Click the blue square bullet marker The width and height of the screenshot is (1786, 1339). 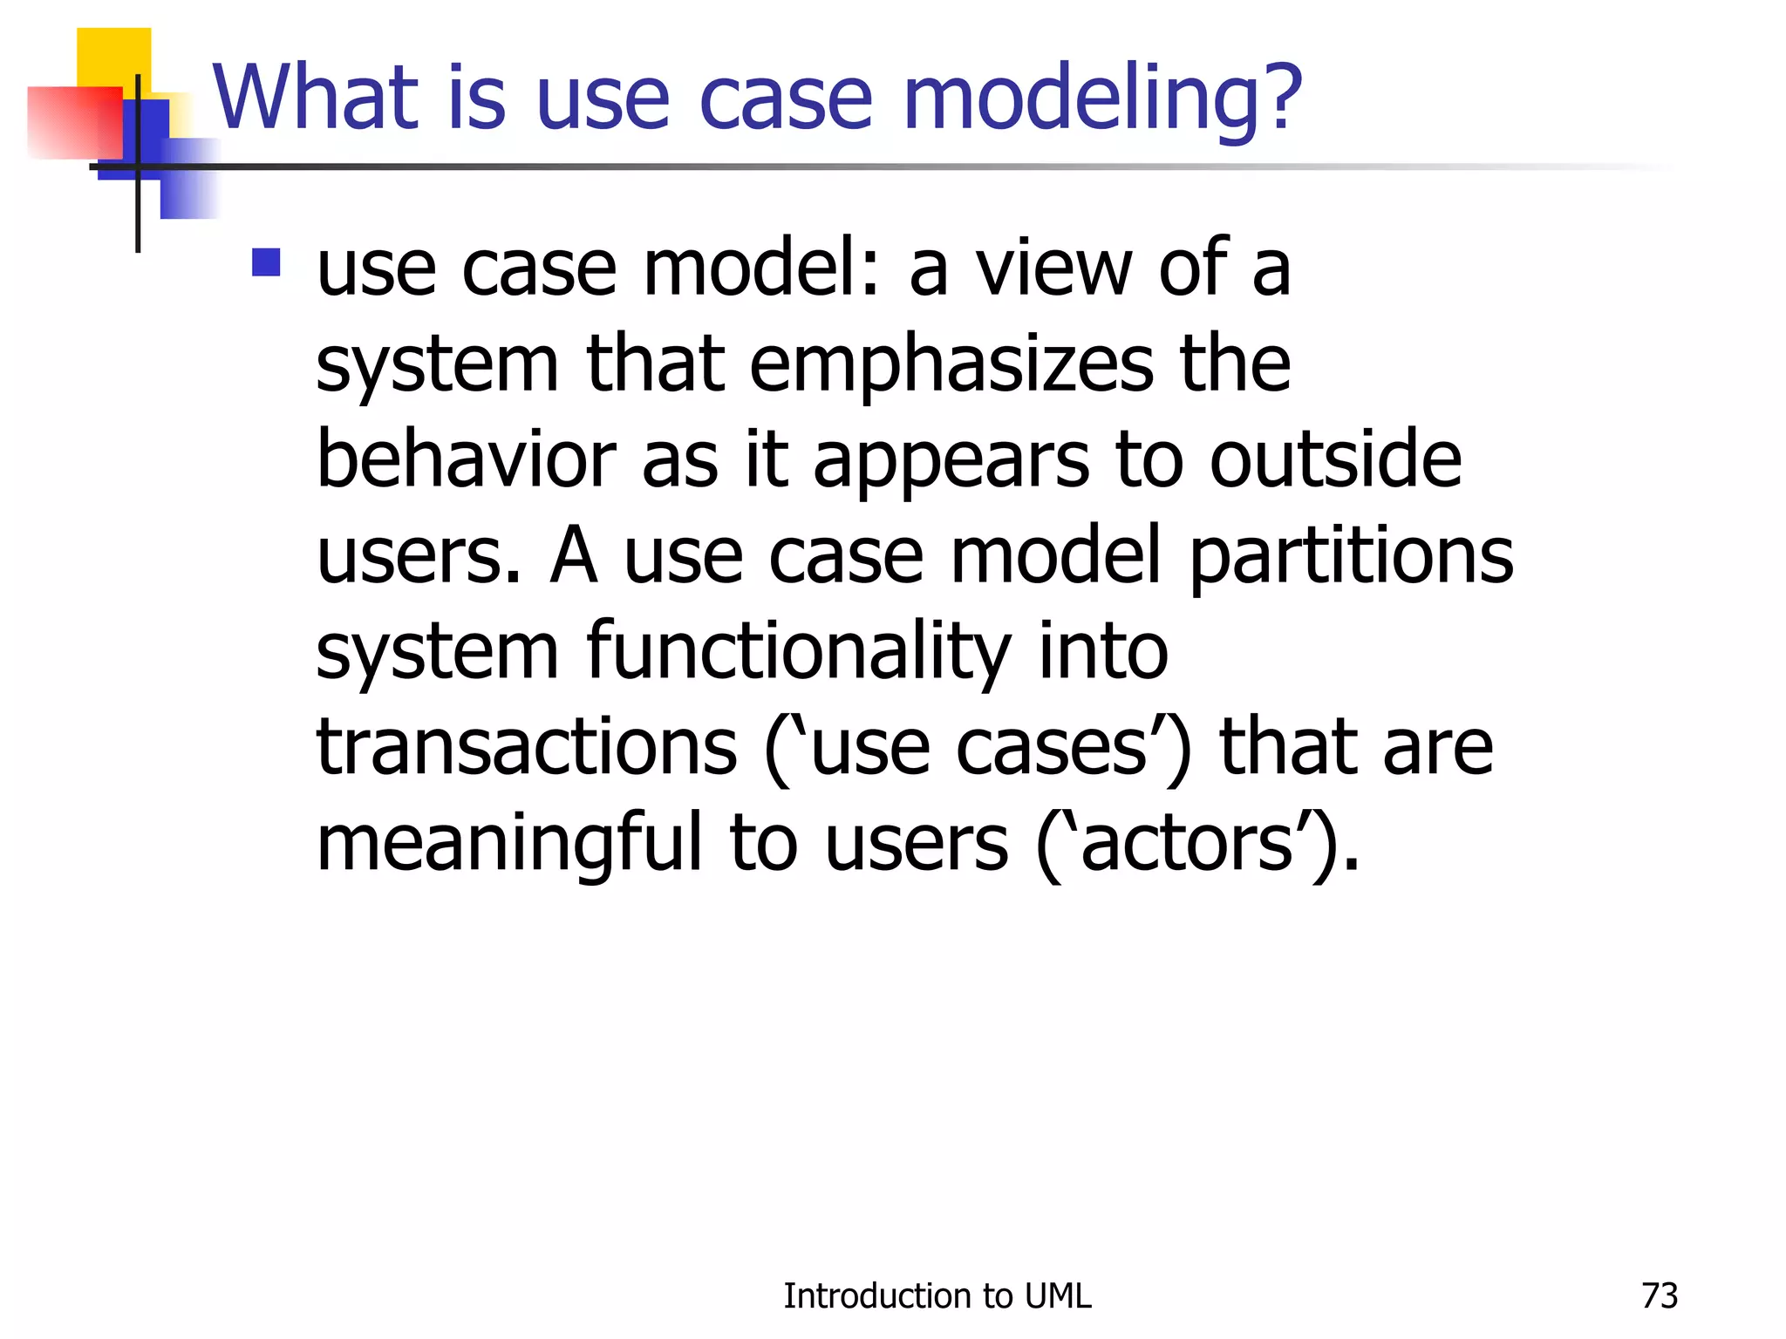tap(266, 262)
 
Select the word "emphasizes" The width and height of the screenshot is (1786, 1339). tap(951, 366)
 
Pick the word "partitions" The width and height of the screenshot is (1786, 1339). tap(1351, 558)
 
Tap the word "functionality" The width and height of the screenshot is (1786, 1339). tap(798, 654)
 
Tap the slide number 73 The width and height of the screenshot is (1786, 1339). tap(1659, 1296)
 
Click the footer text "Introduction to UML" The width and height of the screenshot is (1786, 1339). tap(937, 1296)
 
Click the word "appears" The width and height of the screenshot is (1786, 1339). tap(950, 462)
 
